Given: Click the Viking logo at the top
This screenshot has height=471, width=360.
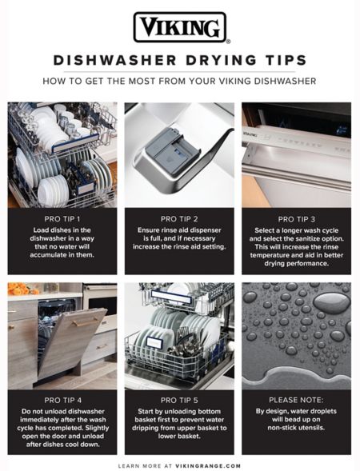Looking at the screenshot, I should (x=179, y=27).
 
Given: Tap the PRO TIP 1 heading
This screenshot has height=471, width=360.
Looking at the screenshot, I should (x=62, y=218).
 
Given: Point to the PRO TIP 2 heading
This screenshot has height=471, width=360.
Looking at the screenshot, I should (x=179, y=218).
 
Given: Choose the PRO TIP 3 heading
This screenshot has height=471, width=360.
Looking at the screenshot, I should (x=296, y=218).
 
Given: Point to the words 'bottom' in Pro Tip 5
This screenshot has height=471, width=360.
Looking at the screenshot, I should (x=213, y=411).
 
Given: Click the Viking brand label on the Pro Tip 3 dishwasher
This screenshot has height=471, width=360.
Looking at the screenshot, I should (x=250, y=134).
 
